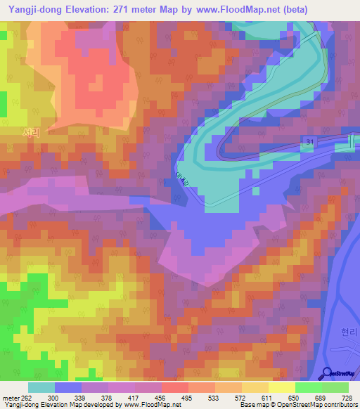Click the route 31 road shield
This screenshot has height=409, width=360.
coord(310,143)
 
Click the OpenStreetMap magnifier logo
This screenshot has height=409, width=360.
coord(328,373)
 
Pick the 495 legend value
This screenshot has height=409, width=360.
coord(187,398)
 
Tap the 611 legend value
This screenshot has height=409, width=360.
coord(267,398)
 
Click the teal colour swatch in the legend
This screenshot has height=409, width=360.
coord(41,387)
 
